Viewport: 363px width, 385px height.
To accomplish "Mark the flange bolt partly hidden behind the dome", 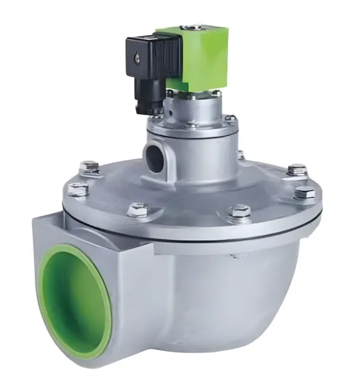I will (240, 155).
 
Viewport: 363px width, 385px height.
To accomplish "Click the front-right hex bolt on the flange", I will (240, 212).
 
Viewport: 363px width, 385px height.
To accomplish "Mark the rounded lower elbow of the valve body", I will (243, 315).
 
